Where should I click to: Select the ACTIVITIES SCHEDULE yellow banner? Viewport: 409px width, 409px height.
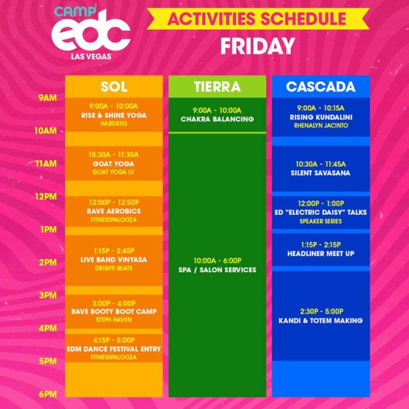click(257, 19)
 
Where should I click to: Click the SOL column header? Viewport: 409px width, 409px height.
click(114, 87)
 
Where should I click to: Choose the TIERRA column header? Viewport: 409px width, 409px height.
click(217, 87)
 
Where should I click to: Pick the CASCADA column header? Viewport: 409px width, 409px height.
click(320, 87)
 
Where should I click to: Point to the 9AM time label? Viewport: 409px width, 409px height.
click(47, 98)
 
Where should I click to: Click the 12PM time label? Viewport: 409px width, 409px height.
click(47, 197)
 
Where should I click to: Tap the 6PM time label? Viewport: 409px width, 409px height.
click(47, 394)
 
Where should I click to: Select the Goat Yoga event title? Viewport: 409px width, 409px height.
click(114, 164)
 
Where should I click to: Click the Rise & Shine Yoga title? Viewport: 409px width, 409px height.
click(114, 115)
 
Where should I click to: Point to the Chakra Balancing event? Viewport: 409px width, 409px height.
click(217, 119)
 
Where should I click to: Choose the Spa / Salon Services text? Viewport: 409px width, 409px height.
click(217, 270)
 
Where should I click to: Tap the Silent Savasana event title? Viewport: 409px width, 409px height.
click(320, 173)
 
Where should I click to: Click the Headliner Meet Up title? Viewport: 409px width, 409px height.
click(320, 253)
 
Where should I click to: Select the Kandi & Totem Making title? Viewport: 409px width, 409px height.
click(320, 320)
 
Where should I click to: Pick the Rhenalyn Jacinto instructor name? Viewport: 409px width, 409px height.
click(320, 126)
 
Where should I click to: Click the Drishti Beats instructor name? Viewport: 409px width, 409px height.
click(114, 268)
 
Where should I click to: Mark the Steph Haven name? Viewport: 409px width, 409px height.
click(114, 320)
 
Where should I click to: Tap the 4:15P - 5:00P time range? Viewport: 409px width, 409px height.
click(114, 340)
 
